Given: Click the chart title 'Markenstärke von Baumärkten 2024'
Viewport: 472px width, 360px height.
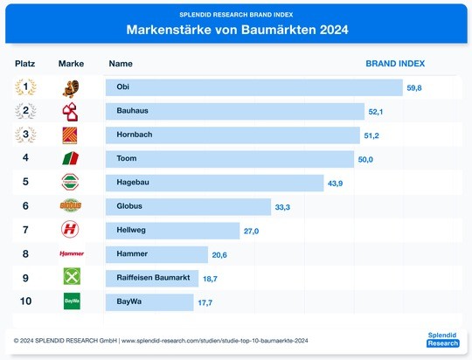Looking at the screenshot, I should (237, 29).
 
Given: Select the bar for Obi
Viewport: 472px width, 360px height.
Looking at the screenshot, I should (253, 87).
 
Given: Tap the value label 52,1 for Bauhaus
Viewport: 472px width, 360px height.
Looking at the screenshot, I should (377, 112).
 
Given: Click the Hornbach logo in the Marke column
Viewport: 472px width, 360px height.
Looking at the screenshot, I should (71, 135).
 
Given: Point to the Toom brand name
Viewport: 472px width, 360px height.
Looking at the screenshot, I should (127, 158).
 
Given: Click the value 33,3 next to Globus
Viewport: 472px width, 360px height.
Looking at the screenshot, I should (282, 207).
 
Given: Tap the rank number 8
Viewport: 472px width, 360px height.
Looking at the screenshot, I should (25, 253).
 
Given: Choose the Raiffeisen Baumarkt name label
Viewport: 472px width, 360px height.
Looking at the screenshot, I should (153, 277).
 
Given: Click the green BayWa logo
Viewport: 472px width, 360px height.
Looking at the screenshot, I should (72, 301).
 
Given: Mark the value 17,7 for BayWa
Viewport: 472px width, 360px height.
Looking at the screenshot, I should (205, 301).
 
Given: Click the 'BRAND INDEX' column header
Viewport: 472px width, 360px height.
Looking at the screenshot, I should (395, 64).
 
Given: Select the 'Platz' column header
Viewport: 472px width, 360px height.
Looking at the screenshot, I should (25, 64).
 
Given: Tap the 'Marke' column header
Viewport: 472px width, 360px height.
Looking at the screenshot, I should (71, 64).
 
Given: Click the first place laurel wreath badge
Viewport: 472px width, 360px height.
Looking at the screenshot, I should (25, 87).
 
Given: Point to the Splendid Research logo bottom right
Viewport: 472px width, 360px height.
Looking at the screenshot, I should (441, 339).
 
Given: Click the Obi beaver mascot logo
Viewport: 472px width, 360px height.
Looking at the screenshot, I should (71, 87).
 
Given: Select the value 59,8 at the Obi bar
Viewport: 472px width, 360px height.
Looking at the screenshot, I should (414, 88).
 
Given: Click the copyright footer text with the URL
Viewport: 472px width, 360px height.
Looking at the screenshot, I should (163, 339).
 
